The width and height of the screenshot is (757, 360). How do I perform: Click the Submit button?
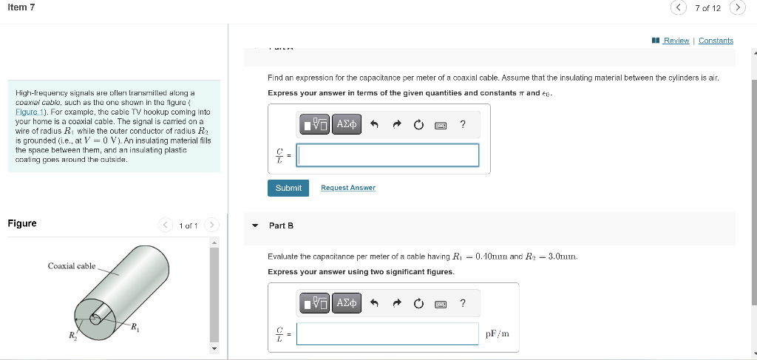click(288, 188)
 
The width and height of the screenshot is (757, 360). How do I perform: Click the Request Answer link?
click(347, 188)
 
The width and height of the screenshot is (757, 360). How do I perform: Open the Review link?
click(676, 41)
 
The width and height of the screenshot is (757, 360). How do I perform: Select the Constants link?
click(716, 41)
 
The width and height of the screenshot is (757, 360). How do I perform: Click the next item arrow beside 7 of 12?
click(736, 8)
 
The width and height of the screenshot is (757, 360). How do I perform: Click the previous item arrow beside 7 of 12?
click(679, 8)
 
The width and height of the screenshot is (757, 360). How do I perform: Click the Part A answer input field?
click(388, 155)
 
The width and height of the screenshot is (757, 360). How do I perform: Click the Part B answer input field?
click(388, 333)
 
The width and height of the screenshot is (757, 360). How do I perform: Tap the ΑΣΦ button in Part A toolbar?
click(347, 124)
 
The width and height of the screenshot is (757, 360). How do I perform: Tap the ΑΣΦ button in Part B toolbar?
click(347, 302)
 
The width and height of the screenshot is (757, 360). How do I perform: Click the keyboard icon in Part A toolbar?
click(441, 125)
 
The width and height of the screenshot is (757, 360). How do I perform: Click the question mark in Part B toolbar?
click(463, 302)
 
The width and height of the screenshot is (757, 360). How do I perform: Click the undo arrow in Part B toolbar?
click(375, 303)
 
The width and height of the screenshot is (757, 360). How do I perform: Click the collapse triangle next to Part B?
click(256, 225)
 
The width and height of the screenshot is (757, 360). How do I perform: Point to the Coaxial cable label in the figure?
click(72, 266)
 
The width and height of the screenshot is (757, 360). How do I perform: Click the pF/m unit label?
click(498, 333)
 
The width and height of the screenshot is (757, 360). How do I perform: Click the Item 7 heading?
click(21, 7)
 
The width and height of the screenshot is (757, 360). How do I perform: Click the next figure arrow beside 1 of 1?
click(212, 225)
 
